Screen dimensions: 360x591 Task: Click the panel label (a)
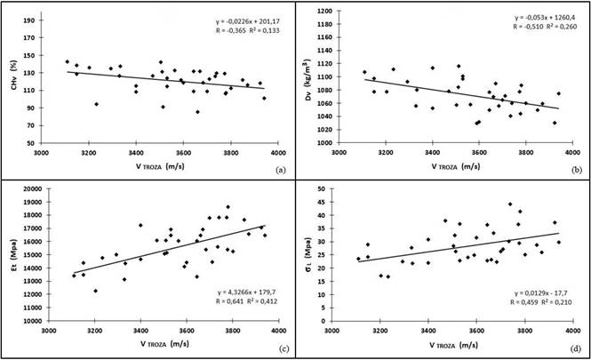pyautogui.click(x=281, y=169)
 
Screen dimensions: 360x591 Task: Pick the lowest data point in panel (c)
pyautogui.click(x=96, y=291)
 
